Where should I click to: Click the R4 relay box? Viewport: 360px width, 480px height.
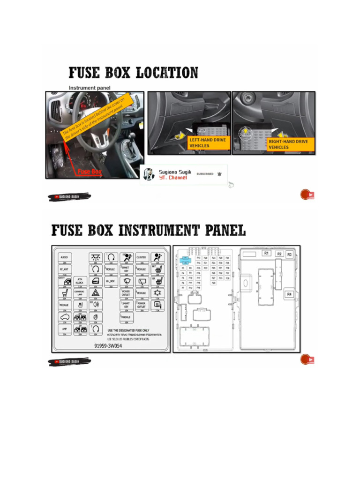[290, 294]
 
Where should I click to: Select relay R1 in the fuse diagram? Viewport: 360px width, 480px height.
[266, 253]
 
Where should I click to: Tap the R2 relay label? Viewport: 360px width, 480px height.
[279, 254]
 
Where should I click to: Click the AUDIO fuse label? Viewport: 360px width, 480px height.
[64, 257]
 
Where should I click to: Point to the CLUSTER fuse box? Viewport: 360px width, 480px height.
[141, 257]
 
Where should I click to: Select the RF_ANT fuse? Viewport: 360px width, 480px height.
[64, 270]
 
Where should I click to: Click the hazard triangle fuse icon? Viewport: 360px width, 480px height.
[95, 293]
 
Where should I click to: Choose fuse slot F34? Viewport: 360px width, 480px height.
[228, 258]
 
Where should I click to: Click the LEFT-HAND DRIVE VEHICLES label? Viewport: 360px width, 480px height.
[207, 142]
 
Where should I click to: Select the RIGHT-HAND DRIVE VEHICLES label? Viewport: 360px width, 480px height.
[288, 144]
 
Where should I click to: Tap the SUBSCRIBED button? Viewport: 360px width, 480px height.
[205, 174]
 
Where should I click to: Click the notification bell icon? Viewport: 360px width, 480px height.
[219, 174]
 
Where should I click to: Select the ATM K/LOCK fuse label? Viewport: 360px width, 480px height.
[80, 282]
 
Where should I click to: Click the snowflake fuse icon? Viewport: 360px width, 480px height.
[157, 293]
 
